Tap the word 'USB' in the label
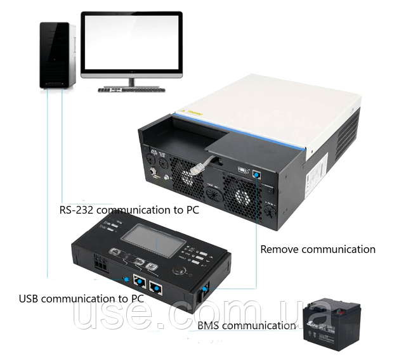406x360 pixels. pyautogui.click(x=31, y=299)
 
